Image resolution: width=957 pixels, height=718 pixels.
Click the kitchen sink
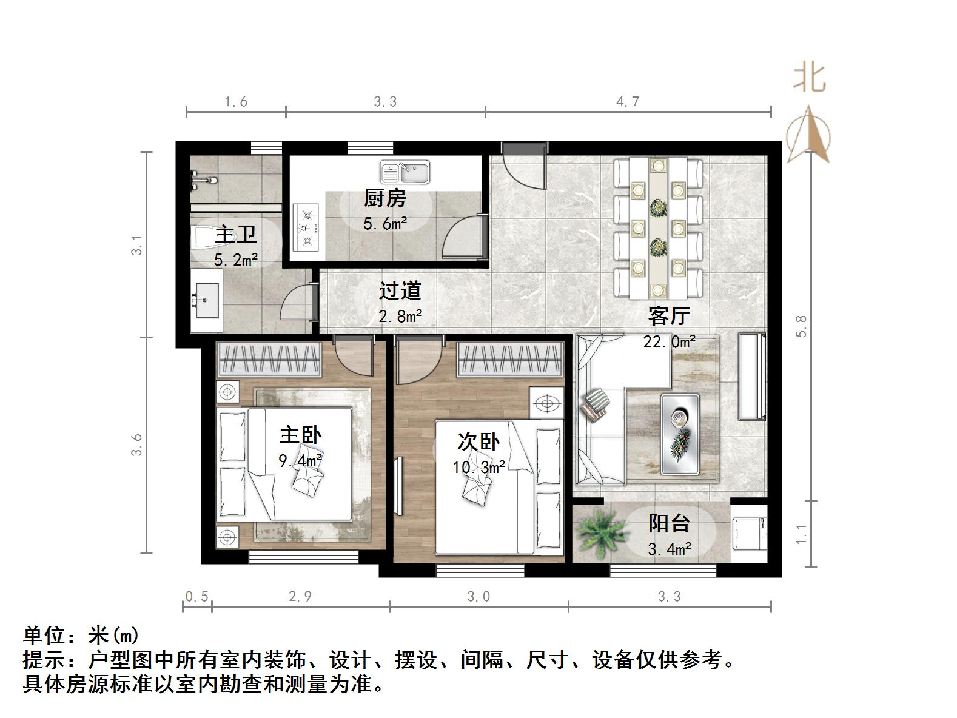[405, 172]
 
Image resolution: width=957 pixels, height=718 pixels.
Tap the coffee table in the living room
[680, 434]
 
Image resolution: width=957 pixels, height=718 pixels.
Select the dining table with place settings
[658, 227]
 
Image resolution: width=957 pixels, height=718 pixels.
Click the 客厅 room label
[668, 316]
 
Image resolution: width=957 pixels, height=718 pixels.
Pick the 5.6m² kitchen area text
[385, 224]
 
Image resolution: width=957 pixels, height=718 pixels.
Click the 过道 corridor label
[400, 290]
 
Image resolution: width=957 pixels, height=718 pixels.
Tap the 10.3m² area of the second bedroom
[478, 468]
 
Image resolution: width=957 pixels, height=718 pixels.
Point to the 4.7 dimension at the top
[628, 102]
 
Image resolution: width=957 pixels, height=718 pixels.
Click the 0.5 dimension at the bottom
[196, 597]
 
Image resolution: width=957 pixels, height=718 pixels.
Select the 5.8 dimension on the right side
[802, 326]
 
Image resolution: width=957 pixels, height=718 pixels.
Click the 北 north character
[810, 78]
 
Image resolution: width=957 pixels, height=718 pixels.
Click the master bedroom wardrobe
[269, 360]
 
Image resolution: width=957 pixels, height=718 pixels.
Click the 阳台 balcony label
[669, 523]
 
